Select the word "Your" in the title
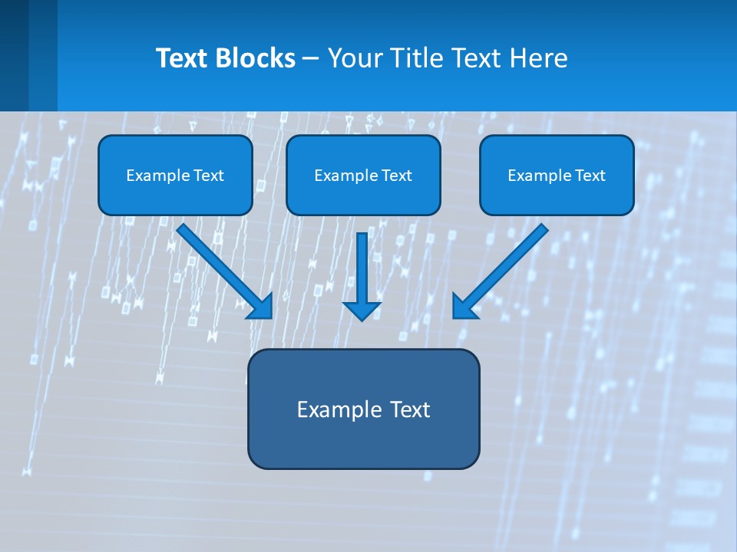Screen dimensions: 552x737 pyautogui.click(x=355, y=58)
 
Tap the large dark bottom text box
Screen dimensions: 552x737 pyautogui.click(x=363, y=441)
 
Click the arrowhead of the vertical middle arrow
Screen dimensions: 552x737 pyautogui.click(x=362, y=310)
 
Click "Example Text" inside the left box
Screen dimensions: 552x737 pyautogui.click(x=175, y=176)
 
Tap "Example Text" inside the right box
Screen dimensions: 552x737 pyautogui.click(x=557, y=176)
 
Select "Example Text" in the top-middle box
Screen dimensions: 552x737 pyautogui.click(x=363, y=176)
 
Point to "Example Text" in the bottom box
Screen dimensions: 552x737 pyautogui.click(x=363, y=409)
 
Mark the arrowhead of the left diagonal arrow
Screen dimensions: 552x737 pyautogui.click(x=262, y=307)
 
